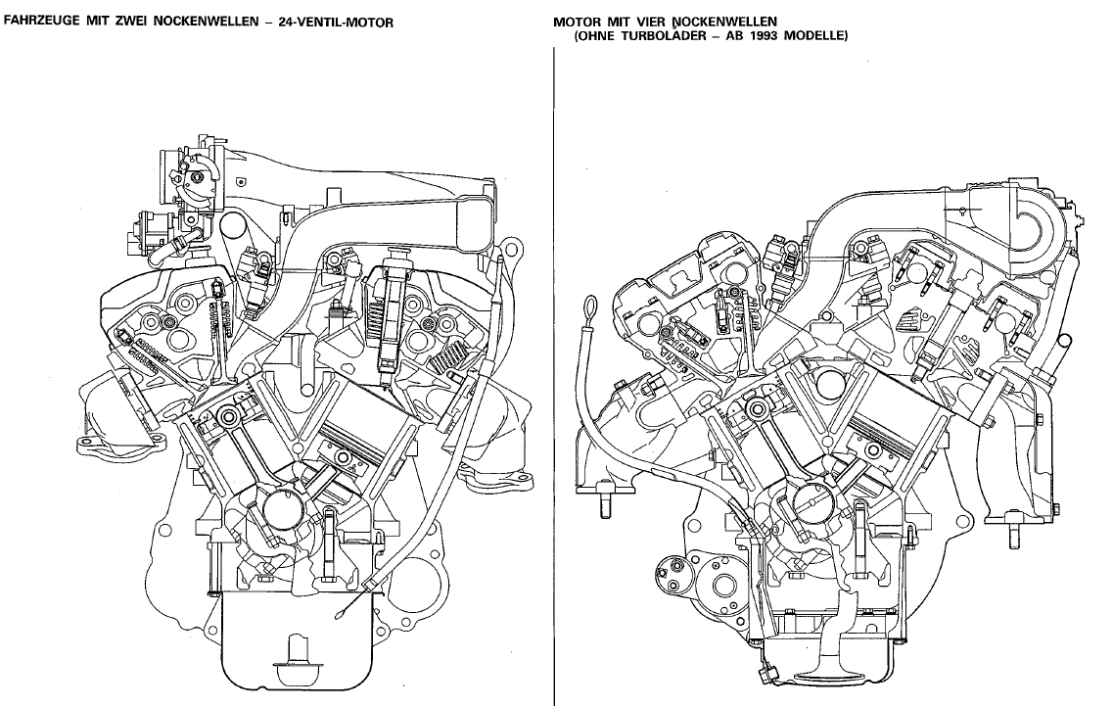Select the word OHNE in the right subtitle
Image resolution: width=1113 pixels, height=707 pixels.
597,36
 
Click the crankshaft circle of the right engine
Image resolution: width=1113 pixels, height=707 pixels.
810,507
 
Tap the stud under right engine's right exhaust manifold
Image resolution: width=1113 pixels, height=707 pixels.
1013,536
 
